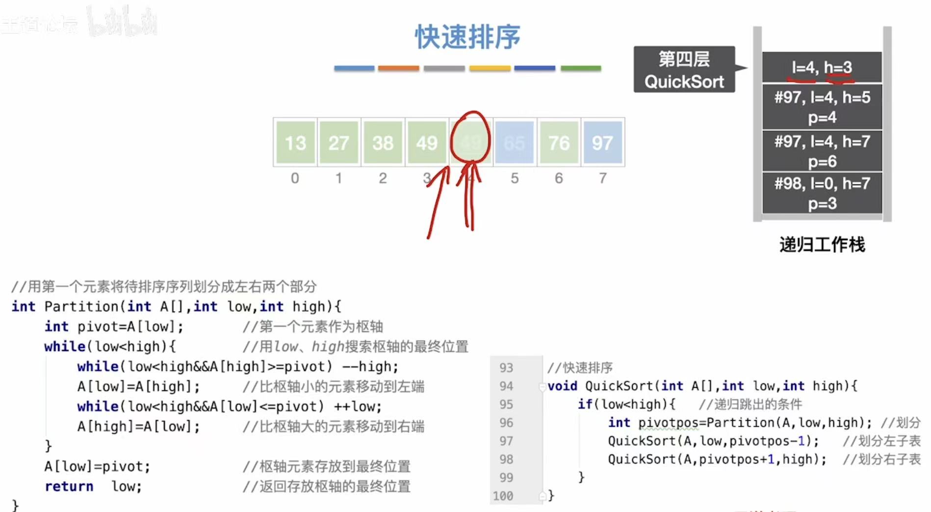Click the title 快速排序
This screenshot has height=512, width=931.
(x=467, y=37)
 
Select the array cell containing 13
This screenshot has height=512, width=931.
(x=295, y=143)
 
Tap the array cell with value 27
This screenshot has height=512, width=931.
(x=339, y=143)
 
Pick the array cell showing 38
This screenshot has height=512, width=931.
(x=383, y=143)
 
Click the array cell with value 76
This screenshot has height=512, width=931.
(x=559, y=143)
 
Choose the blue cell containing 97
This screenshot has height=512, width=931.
(x=602, y=143)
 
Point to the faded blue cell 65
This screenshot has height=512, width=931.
(x=515, y=143)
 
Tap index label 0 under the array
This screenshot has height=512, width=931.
(x=295, y=178)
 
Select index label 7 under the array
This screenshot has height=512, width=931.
(x=603, y=178)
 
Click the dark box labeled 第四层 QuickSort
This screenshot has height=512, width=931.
(x=684, y=70)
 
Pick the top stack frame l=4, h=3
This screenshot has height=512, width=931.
(x=822, y=67)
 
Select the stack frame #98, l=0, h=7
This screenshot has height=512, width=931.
(x=822, y=193)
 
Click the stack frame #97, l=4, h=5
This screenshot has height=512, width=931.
(x=822, y=107)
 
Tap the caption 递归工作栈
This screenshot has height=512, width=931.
(x=822, y=244)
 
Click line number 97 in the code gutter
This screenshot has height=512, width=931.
(x=506, y=441)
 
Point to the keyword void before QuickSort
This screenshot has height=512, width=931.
(x=562, y=386)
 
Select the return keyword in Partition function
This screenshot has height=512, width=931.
(x=69, y=486)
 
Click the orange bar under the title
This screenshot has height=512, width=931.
(x=398, y=68)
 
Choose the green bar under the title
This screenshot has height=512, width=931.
(x=581, y=68)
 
